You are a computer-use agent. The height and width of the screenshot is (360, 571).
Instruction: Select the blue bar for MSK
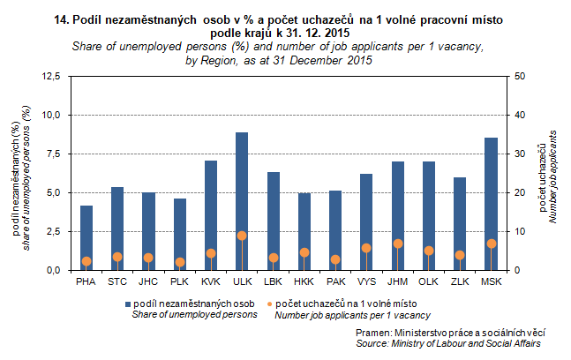click(x=491, y=204)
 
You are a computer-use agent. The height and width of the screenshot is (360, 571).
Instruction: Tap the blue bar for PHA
click(x=86, y=237)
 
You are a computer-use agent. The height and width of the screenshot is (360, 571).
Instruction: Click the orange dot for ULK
click(x=242, y=236)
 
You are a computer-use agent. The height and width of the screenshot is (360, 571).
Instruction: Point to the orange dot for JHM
click(x=398, y=244)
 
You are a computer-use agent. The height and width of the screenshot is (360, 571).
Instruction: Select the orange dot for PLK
click(x=180, y=262)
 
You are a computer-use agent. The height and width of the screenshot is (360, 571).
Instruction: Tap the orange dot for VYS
click(x=366, y=248)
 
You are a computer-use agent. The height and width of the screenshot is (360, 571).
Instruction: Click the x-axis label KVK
click(x=211, y=281)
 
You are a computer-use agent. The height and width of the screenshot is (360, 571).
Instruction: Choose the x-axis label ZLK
click(x=460, y=281)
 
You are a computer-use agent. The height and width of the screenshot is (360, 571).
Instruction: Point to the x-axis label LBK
click(x=274, y=281)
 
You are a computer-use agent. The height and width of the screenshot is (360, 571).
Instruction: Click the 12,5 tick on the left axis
click(x=51, y=77)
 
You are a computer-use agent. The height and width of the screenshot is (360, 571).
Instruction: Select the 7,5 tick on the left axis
click(x=54, y=154)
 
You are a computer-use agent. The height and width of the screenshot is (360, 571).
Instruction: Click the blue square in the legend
click(x=126, y=304)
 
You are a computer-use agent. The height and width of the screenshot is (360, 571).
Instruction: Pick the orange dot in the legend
click(x=268, y=304)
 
